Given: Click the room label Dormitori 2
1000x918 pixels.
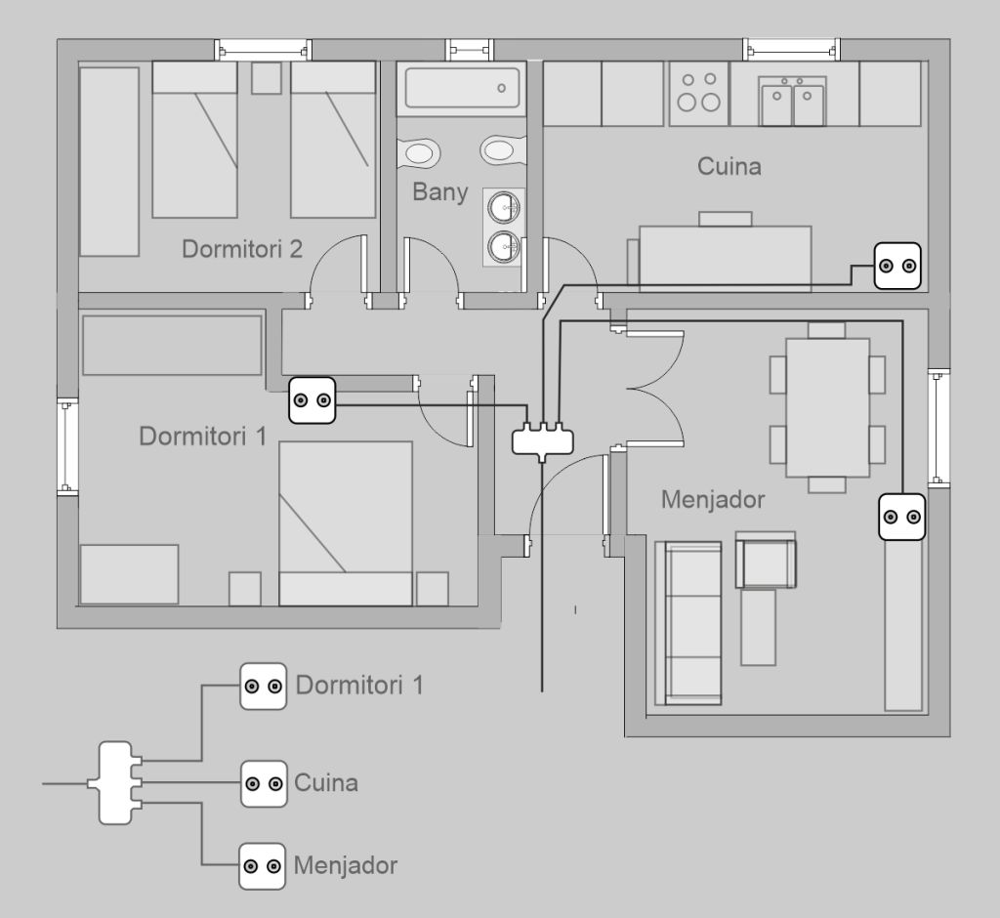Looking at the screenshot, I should [x=242, y=249].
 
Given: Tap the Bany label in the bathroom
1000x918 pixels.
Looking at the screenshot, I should [x=439, y=191].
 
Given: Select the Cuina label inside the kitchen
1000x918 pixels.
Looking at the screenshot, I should [x=729, y=166].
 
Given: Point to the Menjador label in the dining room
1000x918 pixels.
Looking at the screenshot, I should [x=712, y=500].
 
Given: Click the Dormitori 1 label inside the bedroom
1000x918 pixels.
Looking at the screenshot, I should [x=202, y=436].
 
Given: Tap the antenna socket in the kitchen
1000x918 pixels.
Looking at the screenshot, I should [x=896, y=266].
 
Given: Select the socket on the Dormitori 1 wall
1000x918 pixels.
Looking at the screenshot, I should [x=312, y=400].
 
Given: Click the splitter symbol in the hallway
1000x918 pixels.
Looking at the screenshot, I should [x=543, y=438].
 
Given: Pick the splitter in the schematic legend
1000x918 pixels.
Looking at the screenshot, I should [x=116, y=782].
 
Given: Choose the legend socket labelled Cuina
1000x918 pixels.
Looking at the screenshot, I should [x=264, y=783].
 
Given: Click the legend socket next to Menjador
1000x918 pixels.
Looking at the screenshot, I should [x=263, y=866].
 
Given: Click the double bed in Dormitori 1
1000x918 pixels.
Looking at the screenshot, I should [x=346, y=522].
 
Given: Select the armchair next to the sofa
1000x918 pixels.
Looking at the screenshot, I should [x=767, y=562].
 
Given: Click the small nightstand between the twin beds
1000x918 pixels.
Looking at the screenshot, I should [x=266, y=78].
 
